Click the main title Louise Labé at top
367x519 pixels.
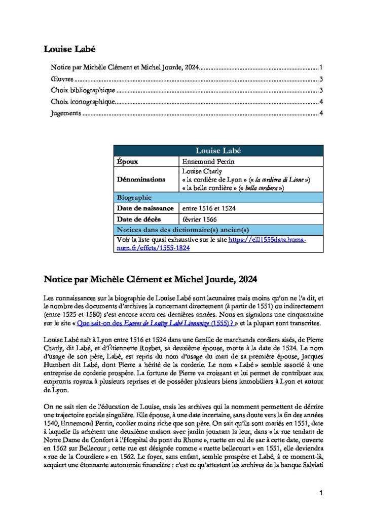click(x=69, y=49)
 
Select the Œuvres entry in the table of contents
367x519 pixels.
click(x=62, y=80)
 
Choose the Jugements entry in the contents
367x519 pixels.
click(x=66, y=113)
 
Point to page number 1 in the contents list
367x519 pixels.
click(x=321, y=67)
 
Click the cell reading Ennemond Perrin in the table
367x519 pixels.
click(x=204, y=162)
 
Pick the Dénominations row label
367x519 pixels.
click(x=141, y=179)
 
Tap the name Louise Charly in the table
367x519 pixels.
click(x=202, y=171)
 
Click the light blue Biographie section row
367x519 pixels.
click(x=134, y=197)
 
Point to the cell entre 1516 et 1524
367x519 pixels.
click(x=208, y=208)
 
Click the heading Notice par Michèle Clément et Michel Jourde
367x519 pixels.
click(x=150, y=279)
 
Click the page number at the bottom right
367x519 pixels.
click(x=321, y=493)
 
